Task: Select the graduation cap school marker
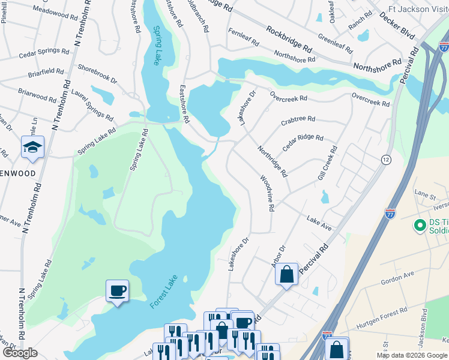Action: point(32,147)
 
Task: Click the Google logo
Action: point(19,353)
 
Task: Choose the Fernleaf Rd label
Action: point(243,38)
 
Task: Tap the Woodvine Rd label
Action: point(267,193)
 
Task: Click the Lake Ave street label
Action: point(319,223)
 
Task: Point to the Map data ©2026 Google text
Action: point(412,355)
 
